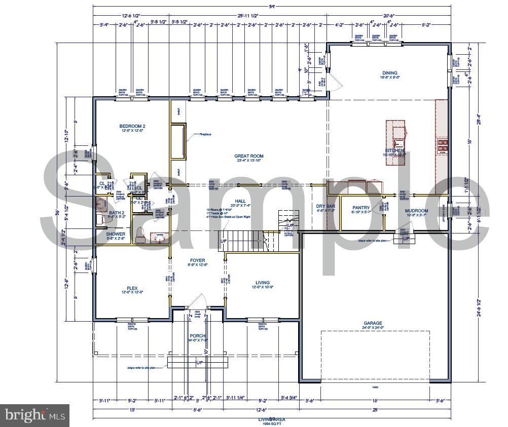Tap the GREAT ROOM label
pos(248,157)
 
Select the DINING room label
pos(389,73)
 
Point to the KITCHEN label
pos(394,151)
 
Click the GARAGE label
pos(373,323)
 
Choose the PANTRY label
pos(361,208)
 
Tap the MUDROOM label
pos(416,211)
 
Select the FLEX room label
pos(132,288)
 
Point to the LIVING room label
pos(263,283)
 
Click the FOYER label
pos(198,260)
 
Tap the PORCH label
pos(197,336)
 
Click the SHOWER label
pos(116,234)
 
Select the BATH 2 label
pos(116,213)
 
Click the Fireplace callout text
pos(205,134)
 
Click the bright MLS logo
pos(34,416)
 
